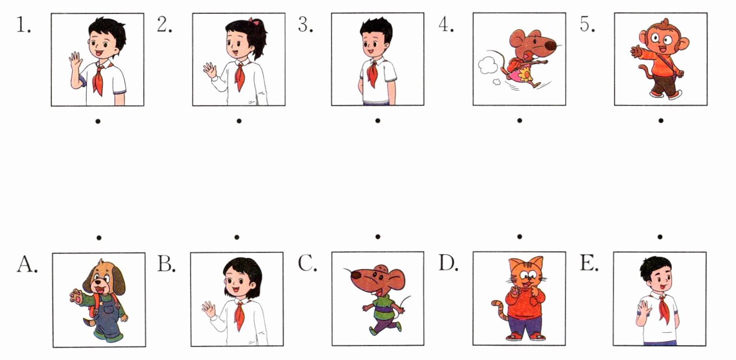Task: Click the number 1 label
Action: click(x=23, y=25)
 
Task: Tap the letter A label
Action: click(x=27, y=264)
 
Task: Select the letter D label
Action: click(x=448, y=263)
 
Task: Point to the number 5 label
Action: click(x=587, y=24)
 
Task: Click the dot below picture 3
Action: click(x=378, y=121)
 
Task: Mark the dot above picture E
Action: click(x=660, y=237)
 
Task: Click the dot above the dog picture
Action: click(x=99, y=237)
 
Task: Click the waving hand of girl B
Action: click(x=208, y=309)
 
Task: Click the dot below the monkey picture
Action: click(x=661, y=121)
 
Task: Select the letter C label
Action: click(x=307, y=263)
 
